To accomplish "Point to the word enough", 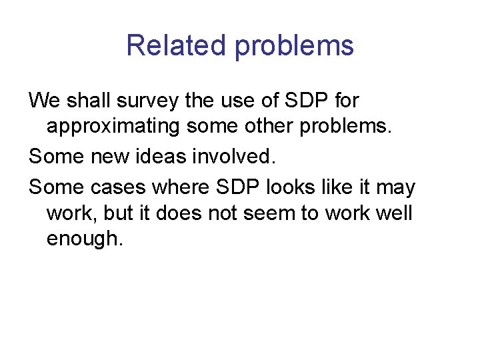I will click(x=85, y=239).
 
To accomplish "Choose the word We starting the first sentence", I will click(x=43, y=101).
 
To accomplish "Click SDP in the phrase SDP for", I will click(x=309, y=101).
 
